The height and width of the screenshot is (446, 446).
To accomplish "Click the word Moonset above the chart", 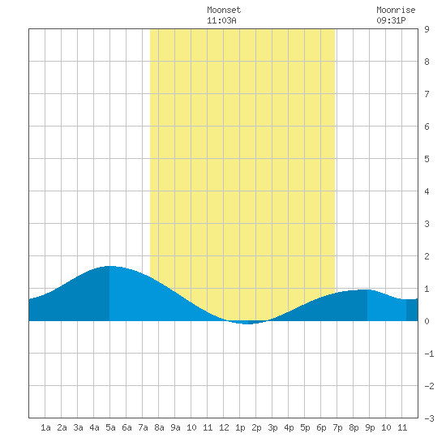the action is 224,10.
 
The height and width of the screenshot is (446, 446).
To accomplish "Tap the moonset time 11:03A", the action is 221,20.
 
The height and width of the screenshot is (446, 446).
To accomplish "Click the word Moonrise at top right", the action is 396,10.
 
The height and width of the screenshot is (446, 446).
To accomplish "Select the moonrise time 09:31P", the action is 391,20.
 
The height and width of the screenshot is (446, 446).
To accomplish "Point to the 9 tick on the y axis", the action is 427,29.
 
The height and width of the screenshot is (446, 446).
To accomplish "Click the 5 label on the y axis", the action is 427,159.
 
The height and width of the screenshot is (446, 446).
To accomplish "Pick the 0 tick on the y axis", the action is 427,321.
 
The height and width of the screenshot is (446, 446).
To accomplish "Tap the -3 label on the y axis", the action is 429,418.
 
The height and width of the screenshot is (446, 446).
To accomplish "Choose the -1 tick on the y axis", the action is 429,354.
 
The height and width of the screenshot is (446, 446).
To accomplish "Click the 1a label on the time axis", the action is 45,427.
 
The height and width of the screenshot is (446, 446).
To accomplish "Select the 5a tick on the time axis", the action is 110,427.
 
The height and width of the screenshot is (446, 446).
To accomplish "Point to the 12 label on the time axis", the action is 224,427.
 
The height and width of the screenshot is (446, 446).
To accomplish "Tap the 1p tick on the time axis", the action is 240,427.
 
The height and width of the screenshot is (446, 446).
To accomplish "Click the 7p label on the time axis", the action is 337,427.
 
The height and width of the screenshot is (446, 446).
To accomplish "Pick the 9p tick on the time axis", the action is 370,427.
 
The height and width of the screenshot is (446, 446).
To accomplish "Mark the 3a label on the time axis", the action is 78,427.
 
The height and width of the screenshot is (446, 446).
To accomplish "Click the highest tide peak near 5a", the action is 109,266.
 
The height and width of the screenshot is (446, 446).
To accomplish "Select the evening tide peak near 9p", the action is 366,289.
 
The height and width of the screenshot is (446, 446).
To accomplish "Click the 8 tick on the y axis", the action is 427,62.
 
